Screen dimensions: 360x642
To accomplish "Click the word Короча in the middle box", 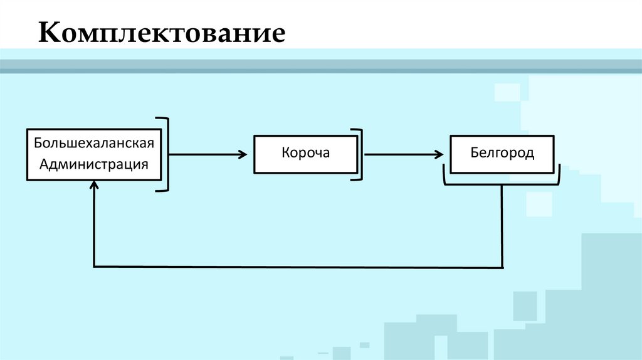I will (x=305, y=154).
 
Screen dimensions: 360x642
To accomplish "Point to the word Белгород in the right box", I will (x=502, y=153).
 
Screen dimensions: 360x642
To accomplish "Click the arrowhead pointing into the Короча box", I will (x=243, y=154).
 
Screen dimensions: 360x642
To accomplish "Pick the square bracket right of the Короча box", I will (x=359, y=154).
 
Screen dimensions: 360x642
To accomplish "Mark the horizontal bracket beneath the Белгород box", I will (x=502, y=184).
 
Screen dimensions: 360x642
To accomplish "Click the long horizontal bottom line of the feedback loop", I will (x=298, y=267).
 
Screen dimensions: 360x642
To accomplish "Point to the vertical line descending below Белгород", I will (x=502, y=226).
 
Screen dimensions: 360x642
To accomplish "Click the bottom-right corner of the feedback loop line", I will (x=502, y=267).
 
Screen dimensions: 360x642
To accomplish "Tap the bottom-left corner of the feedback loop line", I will (x=94, y=267).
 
